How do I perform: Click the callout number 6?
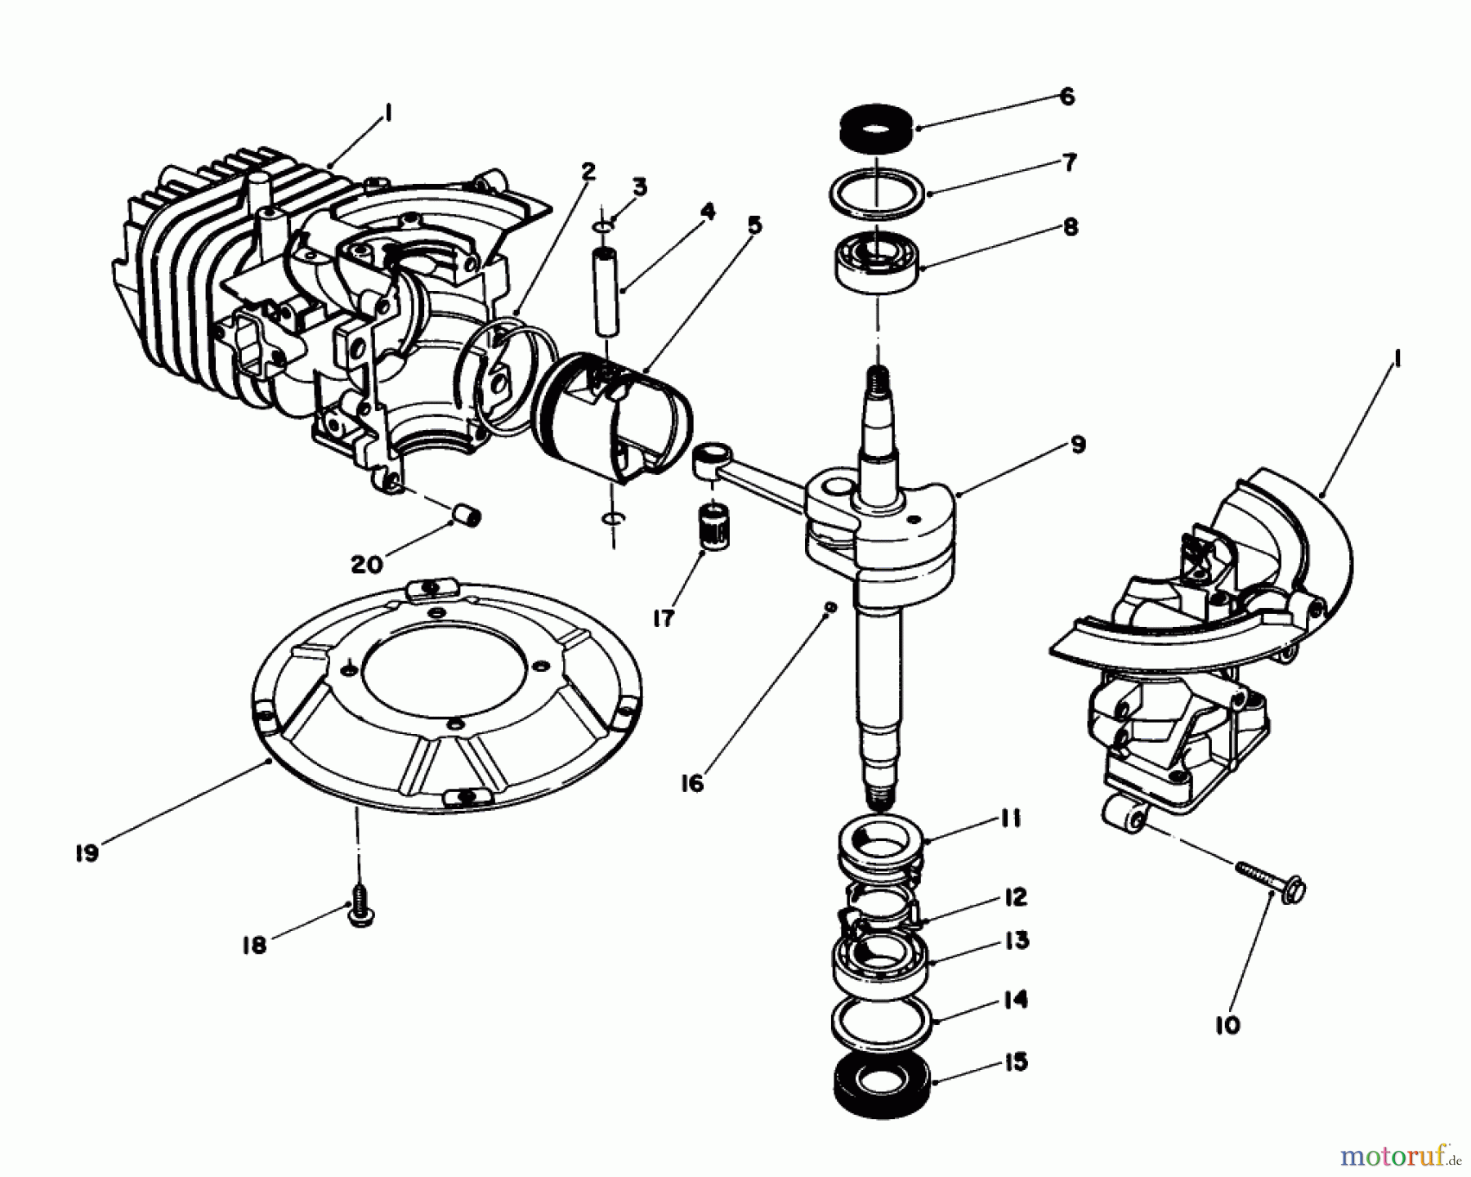[1066, 96]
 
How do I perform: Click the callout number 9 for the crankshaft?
[1078, 445]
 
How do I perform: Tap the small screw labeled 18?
[359, 913]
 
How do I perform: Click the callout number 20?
[367, 564]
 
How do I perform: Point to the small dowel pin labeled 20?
[467, 517]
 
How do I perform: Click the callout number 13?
[1017, 941]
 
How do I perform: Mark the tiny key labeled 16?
[829, 606]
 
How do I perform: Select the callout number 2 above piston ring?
[588, 172]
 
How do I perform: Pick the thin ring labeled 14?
[880, 1024]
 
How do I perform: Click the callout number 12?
[1014, 897]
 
